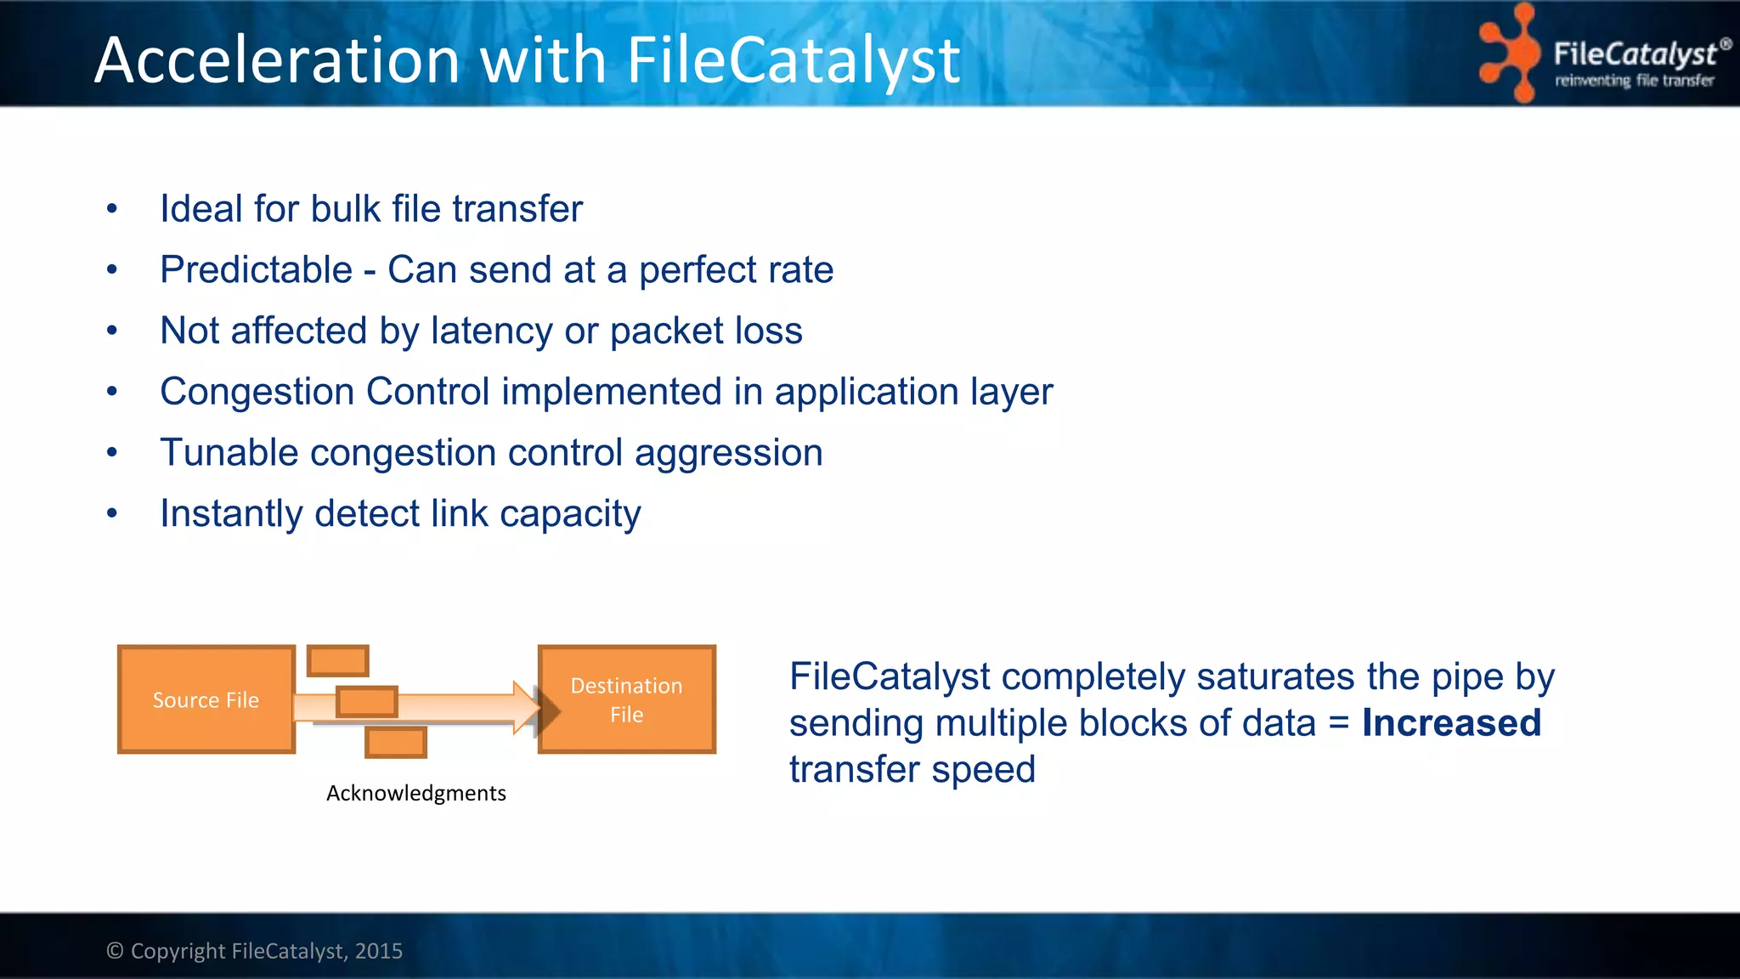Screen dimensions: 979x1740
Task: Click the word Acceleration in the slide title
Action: coord(277,61)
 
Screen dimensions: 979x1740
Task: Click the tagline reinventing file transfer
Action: coord(1634,81)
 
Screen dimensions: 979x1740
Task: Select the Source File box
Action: coord(206,699)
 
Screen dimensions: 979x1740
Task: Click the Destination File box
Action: coord(627,699)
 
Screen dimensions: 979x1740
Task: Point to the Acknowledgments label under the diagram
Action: coord(415,793)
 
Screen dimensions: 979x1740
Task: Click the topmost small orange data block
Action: coord(338,660)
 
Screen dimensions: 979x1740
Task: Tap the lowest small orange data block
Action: coord(395,742)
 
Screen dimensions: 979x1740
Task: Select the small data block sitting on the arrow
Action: coord(367,702)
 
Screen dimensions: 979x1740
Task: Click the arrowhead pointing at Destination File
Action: coord(527,707)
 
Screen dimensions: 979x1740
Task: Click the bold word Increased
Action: coord(1451,723)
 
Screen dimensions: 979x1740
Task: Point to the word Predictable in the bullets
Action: coord(256,270)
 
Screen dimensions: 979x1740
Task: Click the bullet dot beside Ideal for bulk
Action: coord(112,209)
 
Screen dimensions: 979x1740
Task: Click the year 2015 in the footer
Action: coord(379,951)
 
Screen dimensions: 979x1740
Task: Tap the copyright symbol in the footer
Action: coord(115,951)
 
